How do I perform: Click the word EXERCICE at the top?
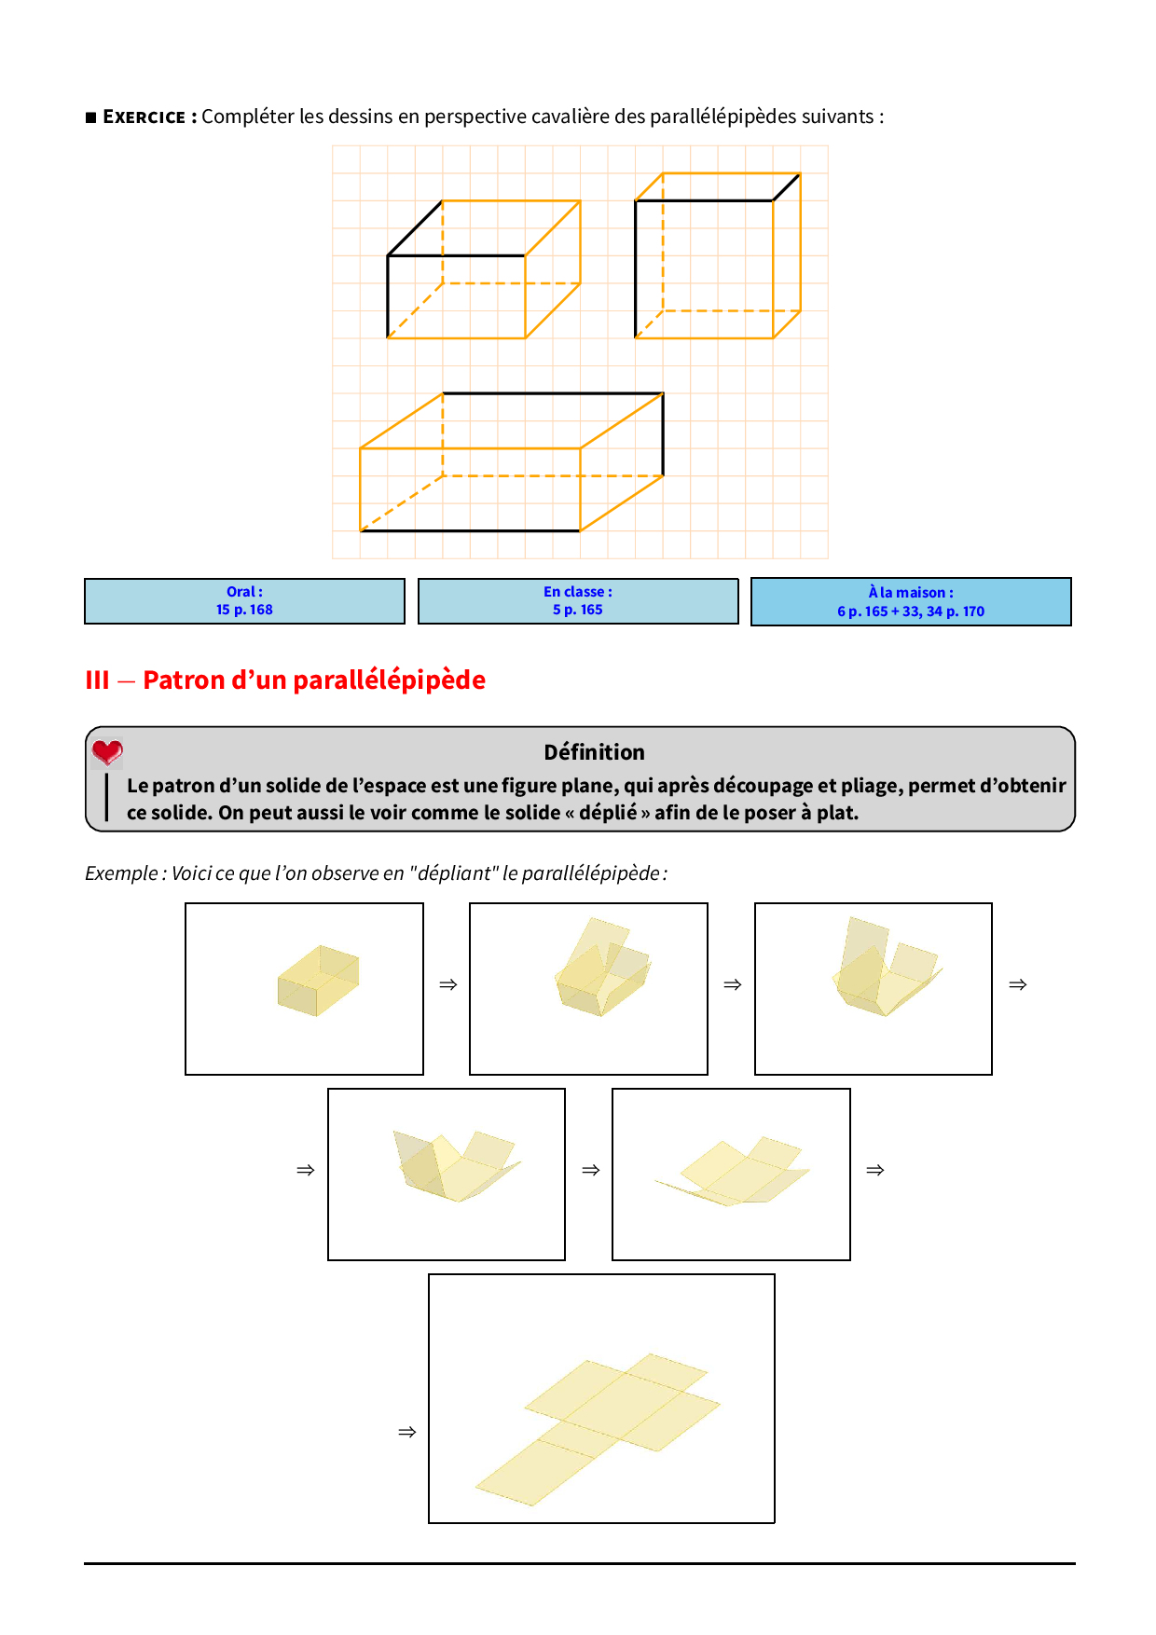144,117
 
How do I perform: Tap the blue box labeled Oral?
244,601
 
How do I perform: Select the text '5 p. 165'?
578,610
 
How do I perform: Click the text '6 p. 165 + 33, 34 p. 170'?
911,611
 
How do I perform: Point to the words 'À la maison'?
911,592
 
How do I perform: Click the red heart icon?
107,751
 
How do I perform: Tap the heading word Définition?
594,752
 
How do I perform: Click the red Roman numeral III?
97,680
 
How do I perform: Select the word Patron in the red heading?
184,680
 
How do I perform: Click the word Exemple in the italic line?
121,873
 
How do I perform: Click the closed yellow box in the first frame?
318,981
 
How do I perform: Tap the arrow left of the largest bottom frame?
407,1432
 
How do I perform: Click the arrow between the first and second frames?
447,984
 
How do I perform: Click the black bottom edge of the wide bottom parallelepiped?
470,531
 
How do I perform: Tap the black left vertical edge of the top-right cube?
636,268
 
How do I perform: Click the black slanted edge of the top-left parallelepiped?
415,228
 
